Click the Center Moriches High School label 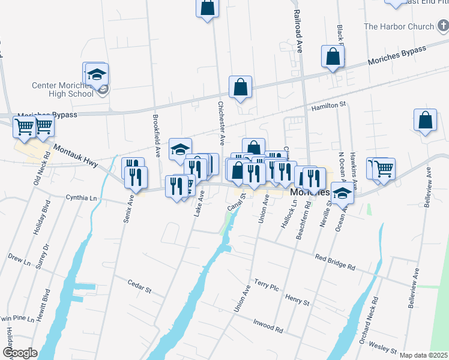click(63, 89)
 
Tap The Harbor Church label click(399, 26)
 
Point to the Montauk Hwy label click(75, 154)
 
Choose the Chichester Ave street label click(221, 123)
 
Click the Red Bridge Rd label click(336, 261)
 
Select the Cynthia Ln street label click(81, 197)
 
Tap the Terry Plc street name click(267, 284)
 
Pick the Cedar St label click(139, 286)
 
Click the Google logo click(20, 353)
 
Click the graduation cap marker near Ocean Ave click(342, 194)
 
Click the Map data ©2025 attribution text click(424, 355)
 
